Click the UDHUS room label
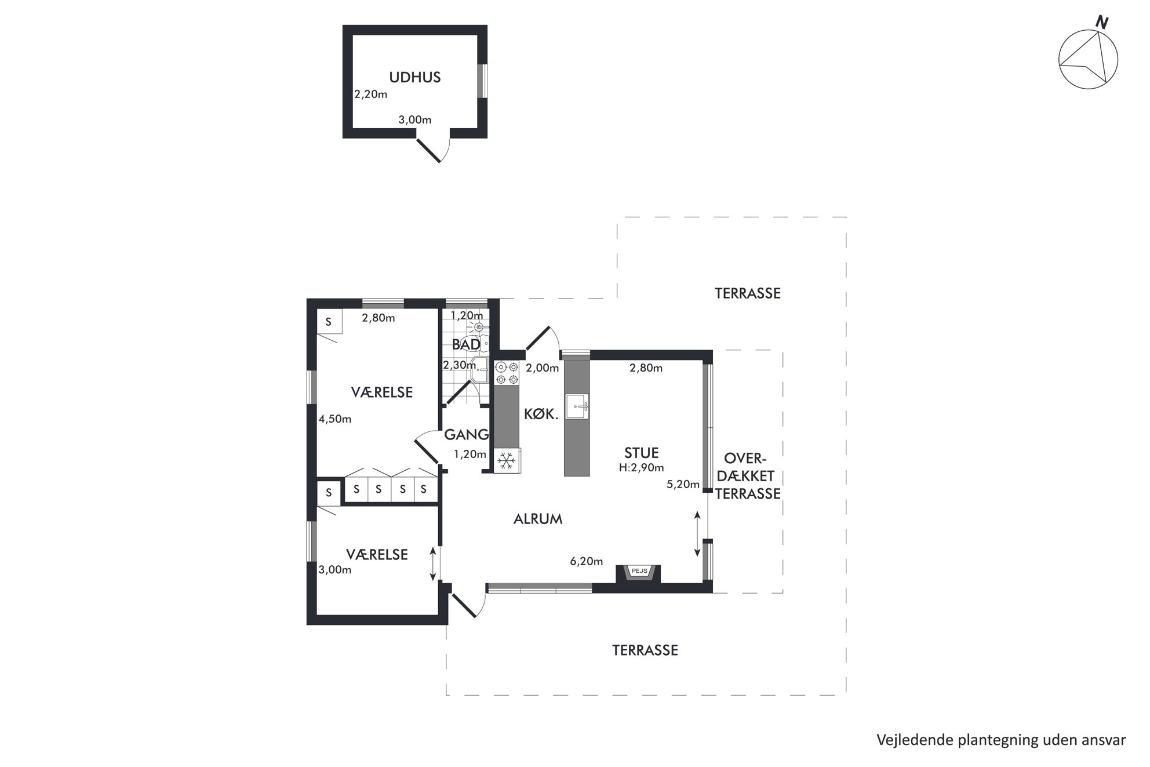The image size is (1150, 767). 414,77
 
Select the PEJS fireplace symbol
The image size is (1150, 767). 638,573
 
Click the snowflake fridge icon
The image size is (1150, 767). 507,461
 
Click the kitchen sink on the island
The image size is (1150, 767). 577,406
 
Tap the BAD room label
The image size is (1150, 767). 466,344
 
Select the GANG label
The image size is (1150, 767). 467,434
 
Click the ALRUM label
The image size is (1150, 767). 538,519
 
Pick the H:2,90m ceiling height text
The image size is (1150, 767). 641,468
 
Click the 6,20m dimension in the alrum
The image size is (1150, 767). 587,561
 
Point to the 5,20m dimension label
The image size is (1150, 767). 683,485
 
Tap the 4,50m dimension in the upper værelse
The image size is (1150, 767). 335,419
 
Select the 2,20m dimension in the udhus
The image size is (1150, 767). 371,94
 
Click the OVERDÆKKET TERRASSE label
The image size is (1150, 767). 748,476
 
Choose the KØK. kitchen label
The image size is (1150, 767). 541,414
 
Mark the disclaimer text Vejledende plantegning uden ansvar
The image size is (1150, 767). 1001,740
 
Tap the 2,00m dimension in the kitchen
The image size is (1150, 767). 543,368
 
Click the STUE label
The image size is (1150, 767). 641,453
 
